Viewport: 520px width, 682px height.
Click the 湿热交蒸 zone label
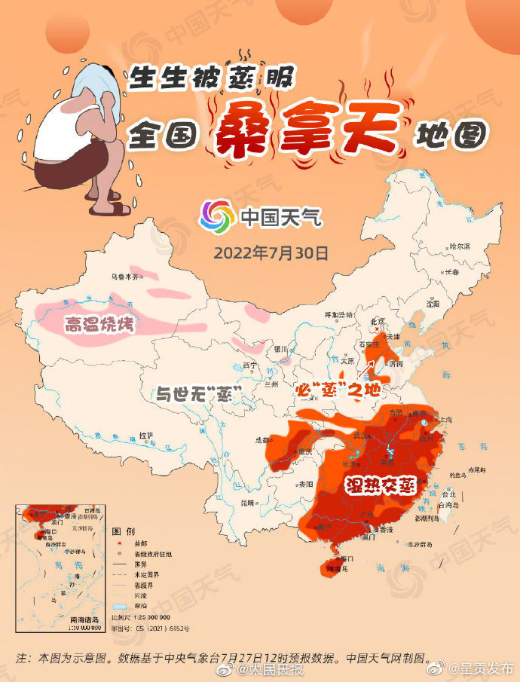click(381, 485)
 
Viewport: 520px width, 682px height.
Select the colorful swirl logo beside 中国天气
click(216, 217)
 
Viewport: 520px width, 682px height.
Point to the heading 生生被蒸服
click(210, 77)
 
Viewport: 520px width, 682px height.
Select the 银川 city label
click(281, 348)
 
